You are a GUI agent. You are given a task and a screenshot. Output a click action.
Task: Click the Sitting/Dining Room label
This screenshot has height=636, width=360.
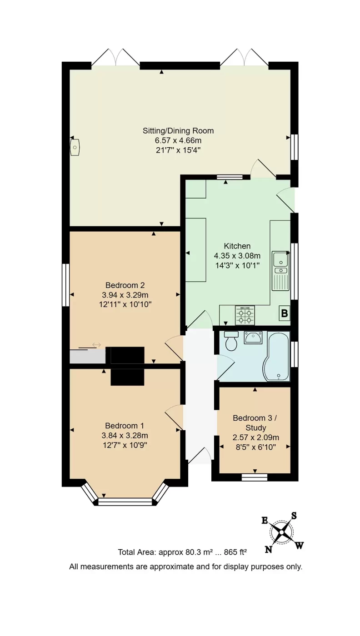[178, 131]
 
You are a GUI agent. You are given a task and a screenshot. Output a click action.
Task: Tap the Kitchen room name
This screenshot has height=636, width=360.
[237, 246]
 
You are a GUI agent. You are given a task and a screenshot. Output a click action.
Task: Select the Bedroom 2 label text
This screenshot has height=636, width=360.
[125, 285]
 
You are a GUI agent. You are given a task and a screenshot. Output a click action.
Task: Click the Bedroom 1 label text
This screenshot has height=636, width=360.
[125, 426]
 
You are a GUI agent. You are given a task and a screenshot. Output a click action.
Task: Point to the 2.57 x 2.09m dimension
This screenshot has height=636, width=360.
[256, 437]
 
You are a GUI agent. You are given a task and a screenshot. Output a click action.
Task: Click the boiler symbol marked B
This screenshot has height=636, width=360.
[284, 313]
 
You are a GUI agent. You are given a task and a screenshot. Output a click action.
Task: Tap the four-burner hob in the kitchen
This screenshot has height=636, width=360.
[245, 315]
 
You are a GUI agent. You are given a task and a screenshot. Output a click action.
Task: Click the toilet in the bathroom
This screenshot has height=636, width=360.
[231, 341]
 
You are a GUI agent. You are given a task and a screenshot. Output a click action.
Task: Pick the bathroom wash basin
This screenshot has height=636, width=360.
[253, 337]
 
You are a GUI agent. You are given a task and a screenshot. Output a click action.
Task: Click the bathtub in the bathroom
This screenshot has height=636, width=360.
[277, 356]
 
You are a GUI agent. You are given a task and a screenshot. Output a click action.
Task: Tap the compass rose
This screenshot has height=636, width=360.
[281, 532]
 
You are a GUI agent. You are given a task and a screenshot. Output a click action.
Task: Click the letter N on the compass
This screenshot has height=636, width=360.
[269, 550]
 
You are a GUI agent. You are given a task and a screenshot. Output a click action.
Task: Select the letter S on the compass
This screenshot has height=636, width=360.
[294, 516]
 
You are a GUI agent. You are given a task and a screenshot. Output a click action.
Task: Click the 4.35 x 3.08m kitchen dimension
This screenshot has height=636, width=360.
[237, 256]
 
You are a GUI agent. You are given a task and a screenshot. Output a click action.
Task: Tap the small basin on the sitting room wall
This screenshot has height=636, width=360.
[75, 147]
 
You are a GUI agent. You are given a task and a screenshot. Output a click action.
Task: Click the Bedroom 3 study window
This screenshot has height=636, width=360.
[255, 477]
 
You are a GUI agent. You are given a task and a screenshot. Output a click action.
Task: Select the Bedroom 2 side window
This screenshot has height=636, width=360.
[66, 285]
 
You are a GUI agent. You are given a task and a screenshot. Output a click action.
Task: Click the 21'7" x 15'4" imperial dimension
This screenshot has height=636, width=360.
[178, 150]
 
